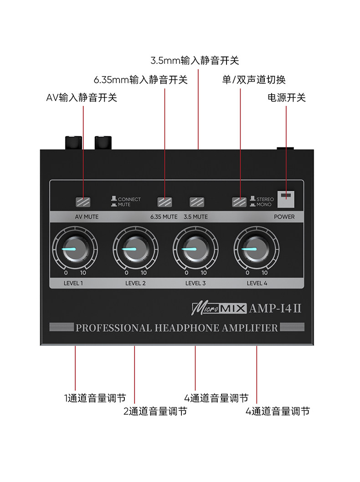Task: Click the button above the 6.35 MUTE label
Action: click(165, 202)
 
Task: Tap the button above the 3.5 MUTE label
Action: click(197, 202)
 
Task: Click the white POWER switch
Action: click(286, 199)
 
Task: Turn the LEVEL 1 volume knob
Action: click(75, 249)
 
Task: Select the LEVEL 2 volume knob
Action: click(136, 250)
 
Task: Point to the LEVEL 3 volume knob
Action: click(195, 250)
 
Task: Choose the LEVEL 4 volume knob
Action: click(256, 250)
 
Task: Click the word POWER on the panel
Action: click(284, 217)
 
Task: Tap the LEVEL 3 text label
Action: click(195, 283)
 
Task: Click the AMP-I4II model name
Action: click(275, 308)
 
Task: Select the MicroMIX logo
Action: click(219, 309)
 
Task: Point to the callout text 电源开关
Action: click(286, 97)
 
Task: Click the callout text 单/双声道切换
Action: click(254, 80)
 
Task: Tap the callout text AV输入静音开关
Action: click(82, 97)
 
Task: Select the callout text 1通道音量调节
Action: click(95, 398)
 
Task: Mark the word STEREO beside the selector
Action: click(265, 199)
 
